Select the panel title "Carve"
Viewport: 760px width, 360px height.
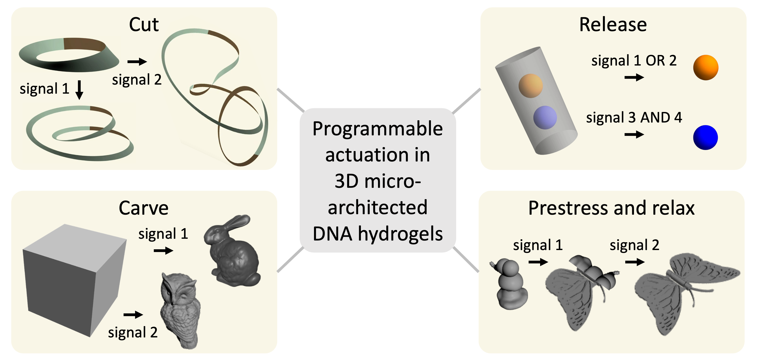(143, 208)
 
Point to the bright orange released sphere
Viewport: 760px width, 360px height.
(706, 68)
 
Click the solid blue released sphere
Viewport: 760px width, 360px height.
(706, 138)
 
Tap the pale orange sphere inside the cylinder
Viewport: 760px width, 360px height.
(530, 86)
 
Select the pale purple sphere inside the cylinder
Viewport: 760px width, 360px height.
(545, 117)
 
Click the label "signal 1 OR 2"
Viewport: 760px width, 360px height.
(634, 61)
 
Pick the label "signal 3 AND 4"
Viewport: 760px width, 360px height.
(634, 118)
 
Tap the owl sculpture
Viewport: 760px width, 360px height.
(180, 310)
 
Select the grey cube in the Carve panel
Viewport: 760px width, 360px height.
(74, 280)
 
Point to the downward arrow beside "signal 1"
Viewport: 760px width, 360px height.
(79, 90)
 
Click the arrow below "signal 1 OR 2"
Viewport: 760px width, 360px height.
(634, 78)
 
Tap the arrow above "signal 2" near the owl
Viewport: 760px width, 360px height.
(133, 315)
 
